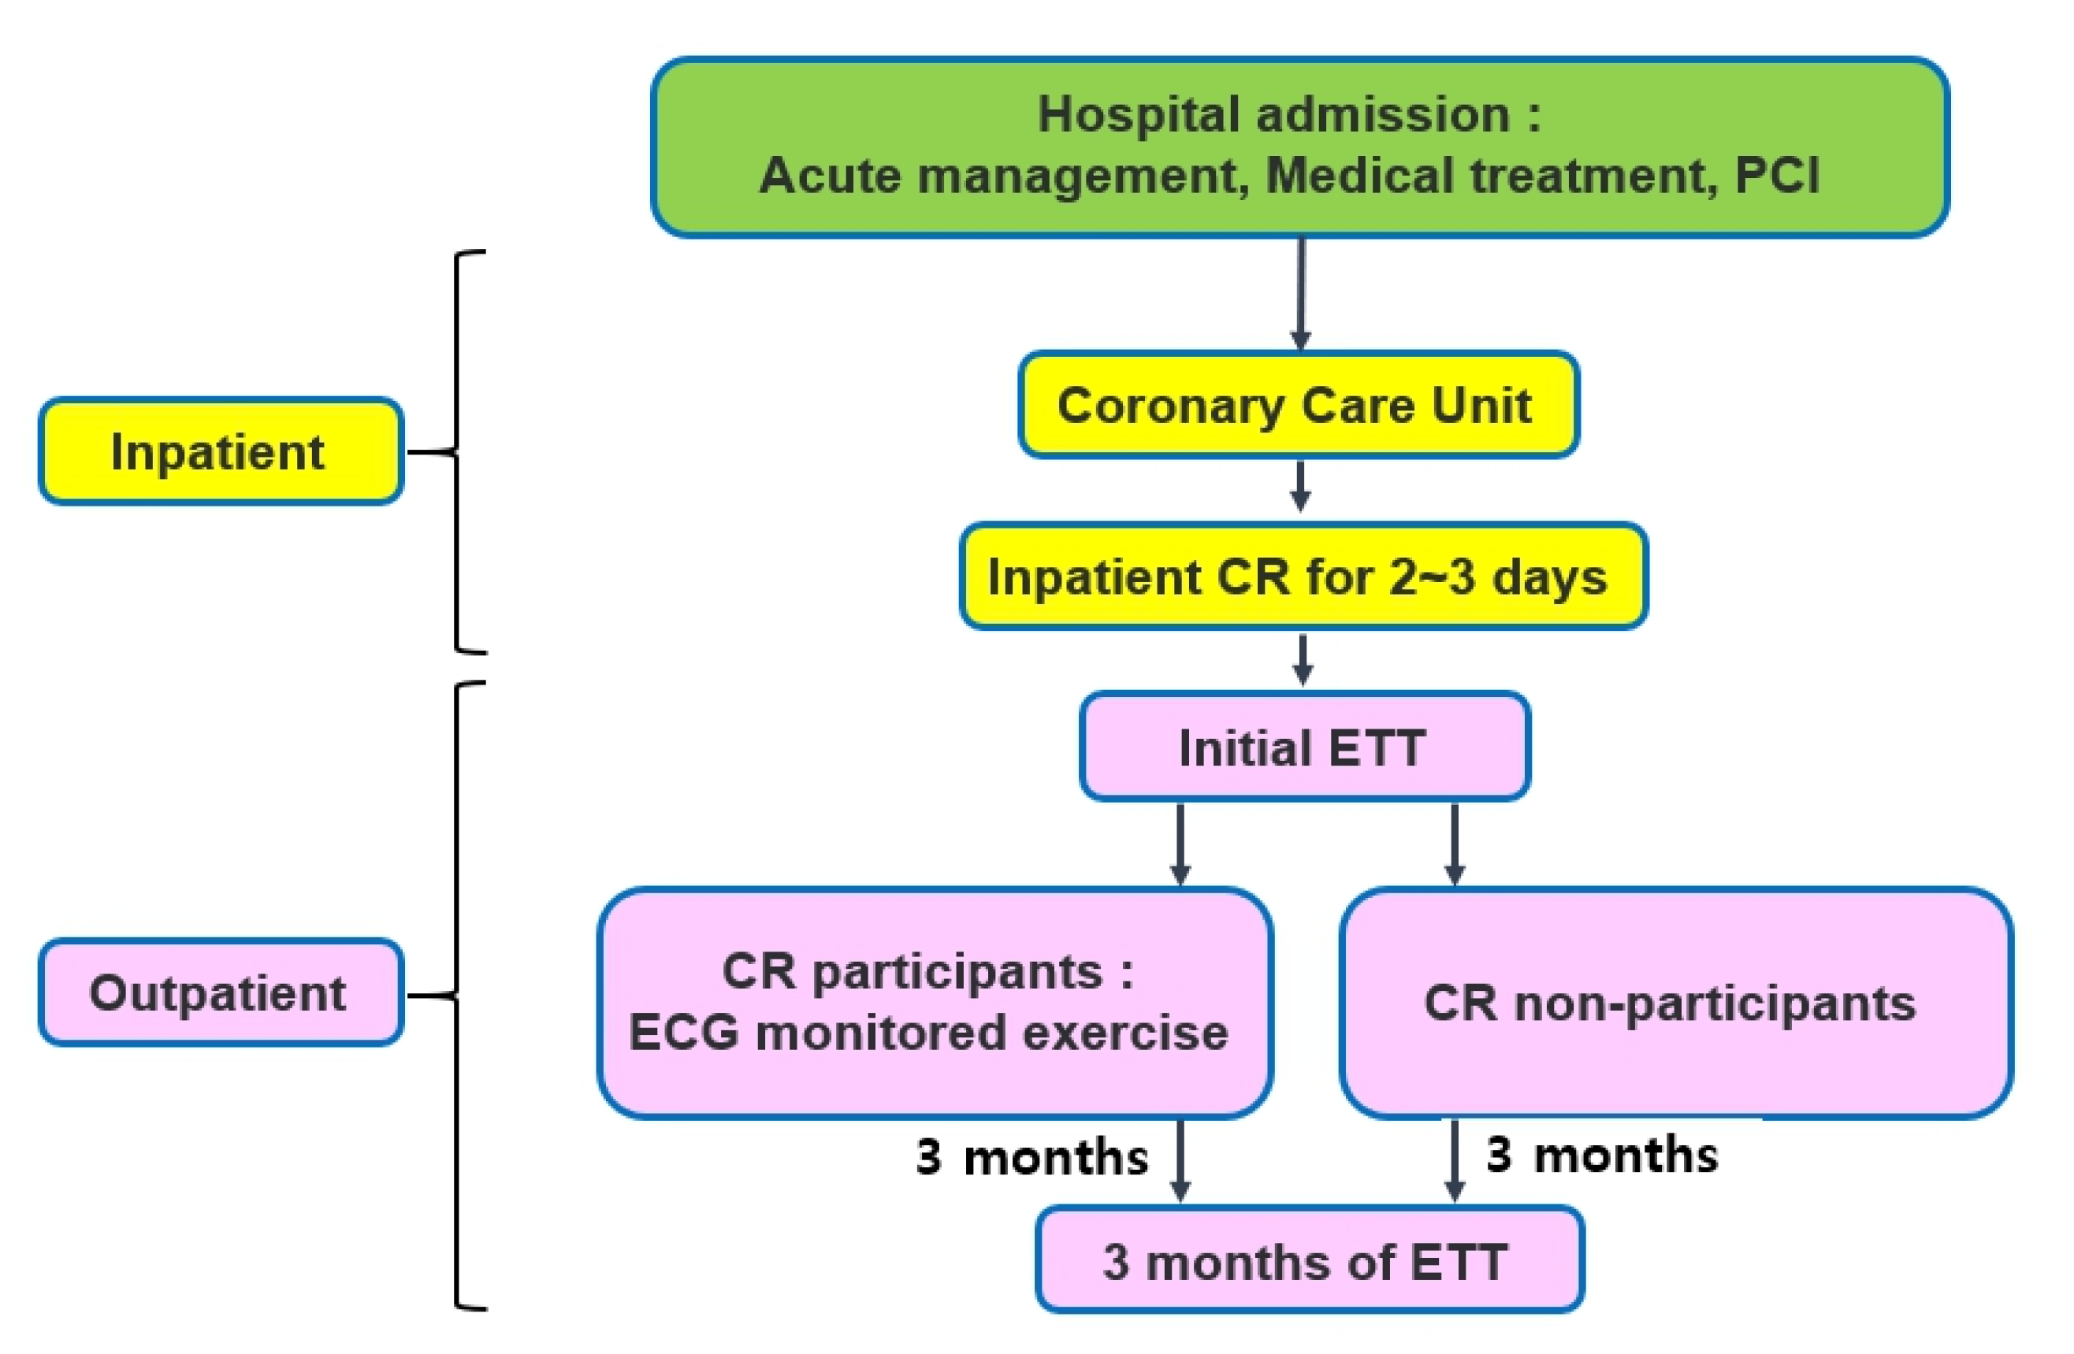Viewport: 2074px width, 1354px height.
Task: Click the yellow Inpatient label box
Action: pos(221,451)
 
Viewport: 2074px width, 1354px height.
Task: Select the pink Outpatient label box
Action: pos(221,992)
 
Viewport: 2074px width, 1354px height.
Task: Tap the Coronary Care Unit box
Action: pos(1298,405)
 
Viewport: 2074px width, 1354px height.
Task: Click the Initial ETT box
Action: pos(1303,747)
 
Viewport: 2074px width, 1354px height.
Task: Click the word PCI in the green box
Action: pos(1776,175)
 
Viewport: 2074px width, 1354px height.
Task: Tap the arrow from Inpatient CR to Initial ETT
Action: pos(1302,659)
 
